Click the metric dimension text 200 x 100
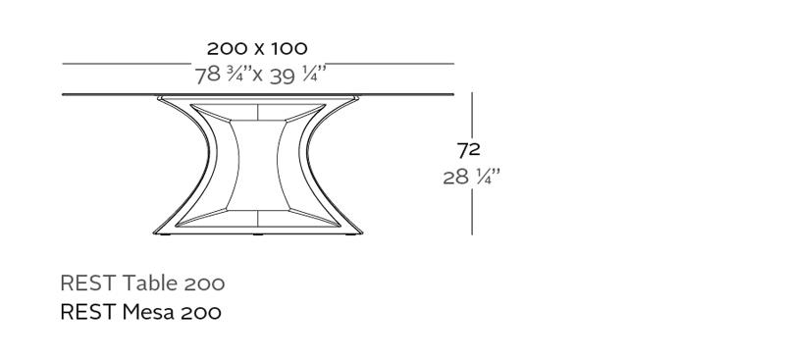(x=257, y=49)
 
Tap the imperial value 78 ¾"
(x=223, y=75)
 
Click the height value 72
(x=469, y=150)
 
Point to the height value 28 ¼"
(x=472, y=177)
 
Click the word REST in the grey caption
(x=87, y=283)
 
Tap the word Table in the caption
(x=150, y=283)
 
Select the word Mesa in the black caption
(x=148, y=312)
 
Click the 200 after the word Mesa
(x=201, y=313)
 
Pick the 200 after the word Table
(x=205, y=283)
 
